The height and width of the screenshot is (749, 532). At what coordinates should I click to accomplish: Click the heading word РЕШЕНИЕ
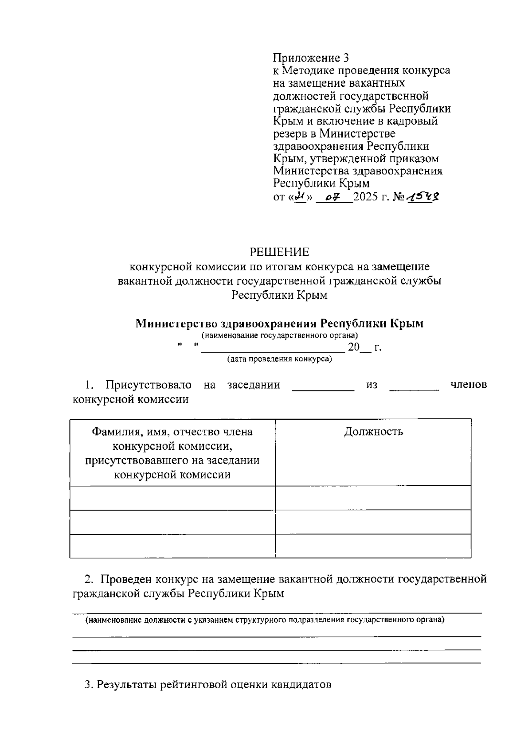click(279, 253)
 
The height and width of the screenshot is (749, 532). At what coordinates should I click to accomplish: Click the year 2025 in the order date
click(366, 197)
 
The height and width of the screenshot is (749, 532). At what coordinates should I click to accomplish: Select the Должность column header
click(373, 432)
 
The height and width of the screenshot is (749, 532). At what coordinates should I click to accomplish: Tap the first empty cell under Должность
click(373, 498)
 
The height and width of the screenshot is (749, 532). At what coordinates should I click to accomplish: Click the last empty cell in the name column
click(172, 546)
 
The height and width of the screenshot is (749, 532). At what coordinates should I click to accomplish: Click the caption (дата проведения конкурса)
click(279, 359)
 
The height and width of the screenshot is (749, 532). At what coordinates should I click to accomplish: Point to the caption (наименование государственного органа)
click(280, 335)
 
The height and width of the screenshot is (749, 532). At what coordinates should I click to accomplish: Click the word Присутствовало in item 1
click(148, 385)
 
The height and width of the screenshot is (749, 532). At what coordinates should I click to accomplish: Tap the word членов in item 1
click(468, 385)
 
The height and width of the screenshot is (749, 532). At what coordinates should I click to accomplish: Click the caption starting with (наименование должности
click(265, 620)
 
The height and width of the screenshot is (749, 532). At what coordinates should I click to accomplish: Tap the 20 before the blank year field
click(354, 347)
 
